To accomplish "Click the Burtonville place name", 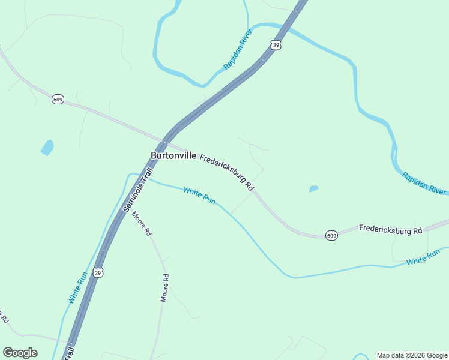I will (173, 155).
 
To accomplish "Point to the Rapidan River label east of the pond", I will (424, 184).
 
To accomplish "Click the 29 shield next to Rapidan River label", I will (276, 45).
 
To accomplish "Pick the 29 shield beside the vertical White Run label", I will (99, 272).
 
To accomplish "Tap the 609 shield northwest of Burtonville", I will (58, 99).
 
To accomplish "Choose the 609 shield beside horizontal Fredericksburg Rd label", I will (332, 236).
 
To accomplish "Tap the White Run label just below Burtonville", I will (199, 196).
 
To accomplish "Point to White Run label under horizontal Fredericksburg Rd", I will (423, 259).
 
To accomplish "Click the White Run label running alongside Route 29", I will (78, 287).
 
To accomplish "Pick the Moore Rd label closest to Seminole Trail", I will (142, 224).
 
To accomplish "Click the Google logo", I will (20, 353).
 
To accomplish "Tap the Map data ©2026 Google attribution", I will (412, 355).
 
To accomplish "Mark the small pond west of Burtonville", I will (47, 147).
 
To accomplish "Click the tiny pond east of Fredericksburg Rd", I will (313, 189).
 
